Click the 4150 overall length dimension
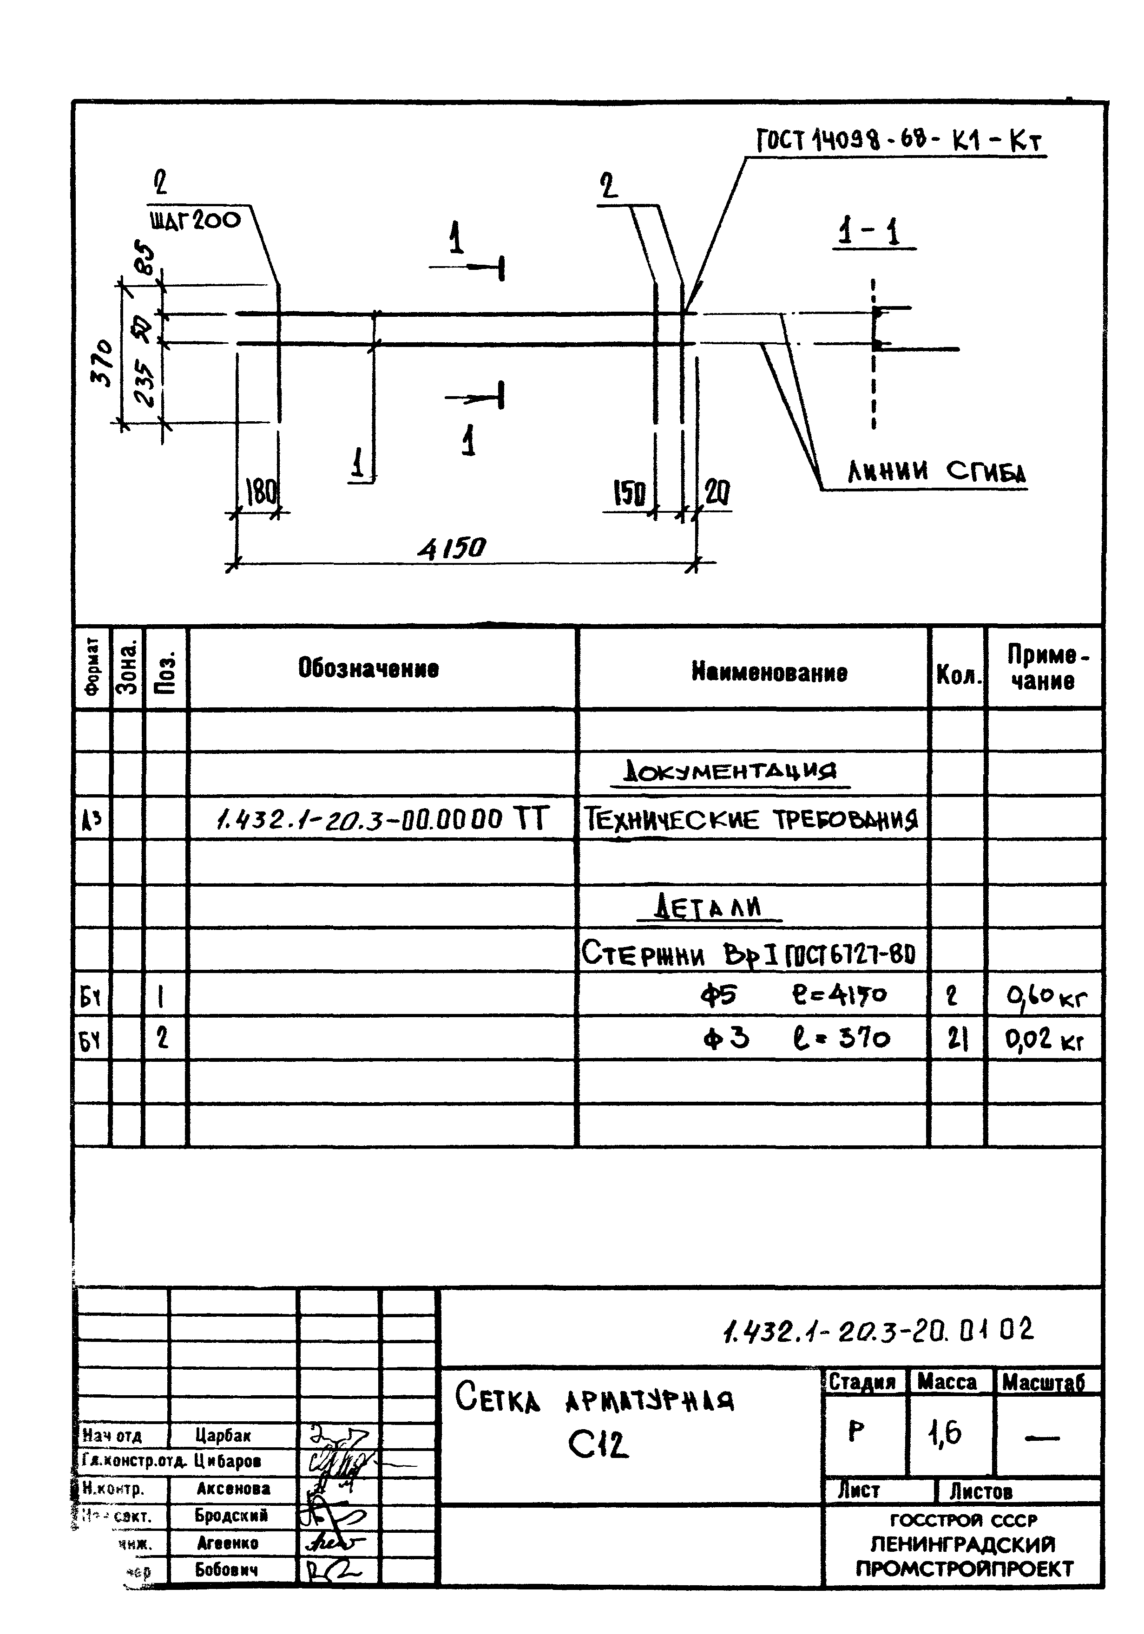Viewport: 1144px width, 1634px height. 451,548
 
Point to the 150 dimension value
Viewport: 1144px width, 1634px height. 629,492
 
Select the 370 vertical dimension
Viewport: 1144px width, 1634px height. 103,362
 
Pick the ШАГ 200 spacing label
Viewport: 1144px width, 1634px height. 196,220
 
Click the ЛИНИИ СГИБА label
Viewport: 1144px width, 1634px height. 936,472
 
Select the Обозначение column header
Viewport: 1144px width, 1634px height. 368,668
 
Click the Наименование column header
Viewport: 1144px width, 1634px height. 769,672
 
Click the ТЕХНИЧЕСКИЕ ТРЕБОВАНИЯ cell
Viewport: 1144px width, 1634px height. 751,819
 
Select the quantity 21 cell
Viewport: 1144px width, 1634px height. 958,1040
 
